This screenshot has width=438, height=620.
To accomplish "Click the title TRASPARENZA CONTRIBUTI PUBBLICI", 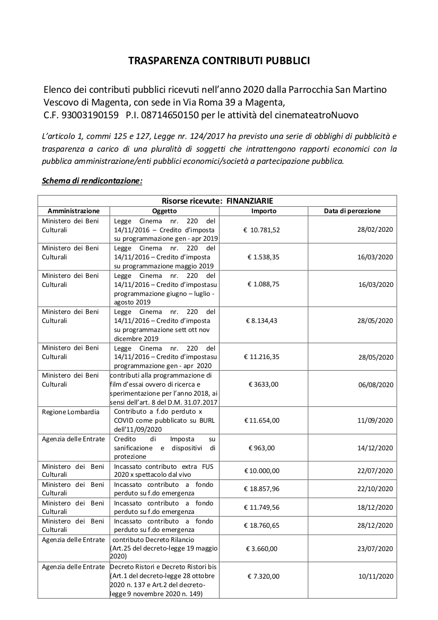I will pos(219,61).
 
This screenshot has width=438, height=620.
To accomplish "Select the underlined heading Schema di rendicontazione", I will pos(92,181).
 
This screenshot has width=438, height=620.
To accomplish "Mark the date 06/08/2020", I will pos(375,385).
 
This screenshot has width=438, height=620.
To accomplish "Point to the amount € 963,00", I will pos(262,448).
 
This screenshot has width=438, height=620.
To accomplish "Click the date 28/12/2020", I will pos(375,526).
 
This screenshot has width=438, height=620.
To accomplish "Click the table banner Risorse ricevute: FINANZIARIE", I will pos(217,200).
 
